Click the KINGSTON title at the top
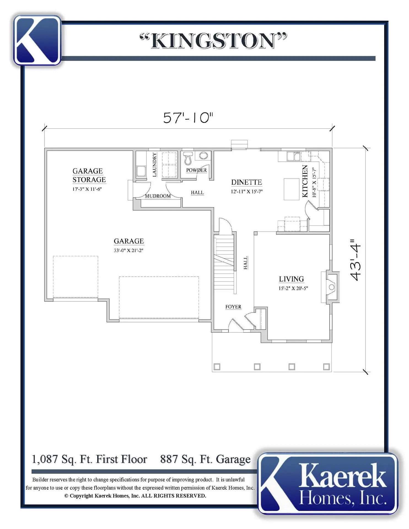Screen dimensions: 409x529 213,41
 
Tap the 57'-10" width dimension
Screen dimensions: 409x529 188,118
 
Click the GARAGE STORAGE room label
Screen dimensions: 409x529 89,175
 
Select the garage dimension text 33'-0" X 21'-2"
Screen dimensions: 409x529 128,250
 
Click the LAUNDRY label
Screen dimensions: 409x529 154,165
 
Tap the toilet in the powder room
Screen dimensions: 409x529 188,157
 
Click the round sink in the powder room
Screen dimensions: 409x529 203,156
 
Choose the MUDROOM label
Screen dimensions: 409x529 158,196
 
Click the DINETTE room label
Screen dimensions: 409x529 246,182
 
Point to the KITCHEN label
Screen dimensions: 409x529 305,181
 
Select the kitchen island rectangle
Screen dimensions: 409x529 292,189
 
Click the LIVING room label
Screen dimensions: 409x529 291,279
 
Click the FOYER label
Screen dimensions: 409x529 233,307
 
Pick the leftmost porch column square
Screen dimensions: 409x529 217,366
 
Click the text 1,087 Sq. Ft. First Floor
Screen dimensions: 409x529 90,459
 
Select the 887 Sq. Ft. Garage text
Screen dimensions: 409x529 205,459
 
